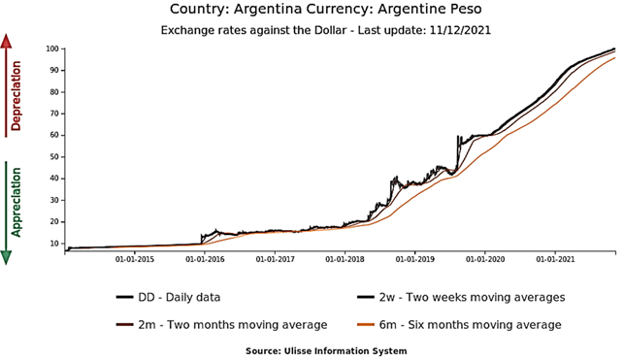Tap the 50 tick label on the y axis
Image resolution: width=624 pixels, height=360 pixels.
pyautogui.click(x=52, y=156)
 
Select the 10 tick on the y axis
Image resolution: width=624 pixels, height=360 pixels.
pyautogui.click(x=52, y=243)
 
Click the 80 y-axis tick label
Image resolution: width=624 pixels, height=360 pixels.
pyautogui.click(x=52, y=91)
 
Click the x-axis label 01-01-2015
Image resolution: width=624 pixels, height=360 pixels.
pyautogui.click(x=136, y=259)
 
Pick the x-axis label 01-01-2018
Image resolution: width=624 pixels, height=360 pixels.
pyautogui.click(x=345, y=259)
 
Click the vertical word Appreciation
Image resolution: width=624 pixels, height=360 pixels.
pyautogui.click(x=16, y=202)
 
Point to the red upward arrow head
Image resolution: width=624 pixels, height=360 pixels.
pyautogui.click(x=7, y=41)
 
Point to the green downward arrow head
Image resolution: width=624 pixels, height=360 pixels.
pyautogui.click(x=7, y=256)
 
